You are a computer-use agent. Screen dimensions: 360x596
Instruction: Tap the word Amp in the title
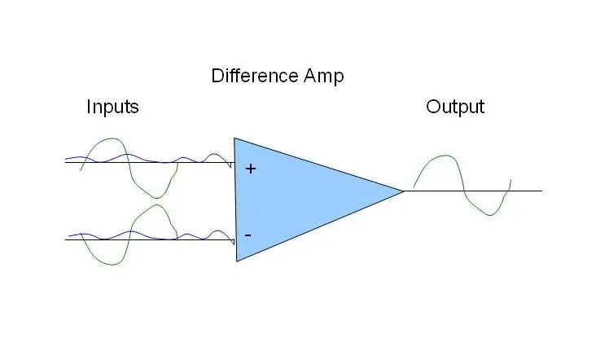(321, 77)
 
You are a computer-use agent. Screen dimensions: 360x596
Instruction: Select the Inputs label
(112, 107)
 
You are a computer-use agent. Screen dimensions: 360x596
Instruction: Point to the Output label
(455, 107)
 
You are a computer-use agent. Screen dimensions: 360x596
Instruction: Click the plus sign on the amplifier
(250, 169)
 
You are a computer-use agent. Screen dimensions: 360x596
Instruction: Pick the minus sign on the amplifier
(248, 235)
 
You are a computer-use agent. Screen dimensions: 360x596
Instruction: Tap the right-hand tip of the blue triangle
(404, 191)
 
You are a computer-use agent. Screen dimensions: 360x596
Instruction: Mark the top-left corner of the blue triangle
(234, 138)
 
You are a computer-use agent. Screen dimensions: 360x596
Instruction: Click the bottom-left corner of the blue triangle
(237, 260)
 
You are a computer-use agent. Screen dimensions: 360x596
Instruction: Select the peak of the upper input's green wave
(108, 139)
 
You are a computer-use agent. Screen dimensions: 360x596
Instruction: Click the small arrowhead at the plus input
(231, 165)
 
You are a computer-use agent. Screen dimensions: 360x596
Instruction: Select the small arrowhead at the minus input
(233, 242)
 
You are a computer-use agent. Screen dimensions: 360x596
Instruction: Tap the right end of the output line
(541, 191)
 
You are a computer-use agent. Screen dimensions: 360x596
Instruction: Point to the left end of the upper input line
(65, 162)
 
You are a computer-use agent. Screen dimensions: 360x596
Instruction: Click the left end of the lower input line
(65, 239)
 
